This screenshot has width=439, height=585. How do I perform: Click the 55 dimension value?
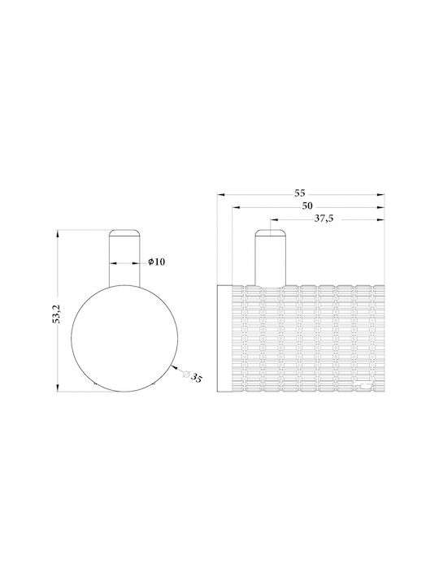pos(299,193)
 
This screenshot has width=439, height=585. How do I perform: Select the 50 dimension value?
pos(307,206)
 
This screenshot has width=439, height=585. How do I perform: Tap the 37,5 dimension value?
pos(324,219)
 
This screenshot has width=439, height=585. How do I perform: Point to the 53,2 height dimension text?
pos(57,314)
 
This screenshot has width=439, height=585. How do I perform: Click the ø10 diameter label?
pos(156,262)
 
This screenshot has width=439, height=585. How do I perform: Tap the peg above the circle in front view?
pos(124,258)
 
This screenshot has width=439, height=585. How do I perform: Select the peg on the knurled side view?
pos(270,258)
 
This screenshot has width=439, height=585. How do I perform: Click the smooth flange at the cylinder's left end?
pos(224,338)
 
